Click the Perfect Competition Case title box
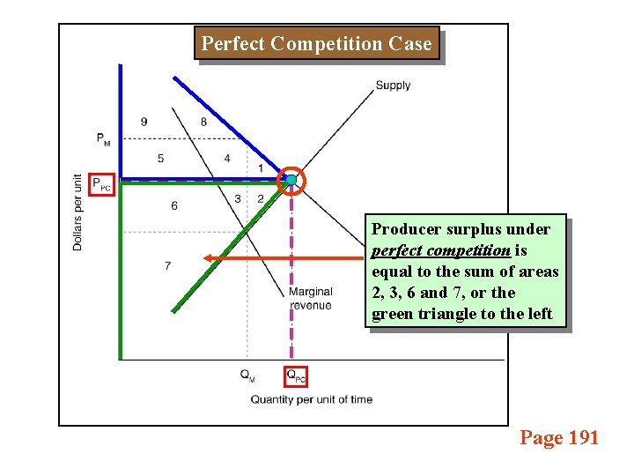pos(317,44)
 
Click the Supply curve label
pos(393,86)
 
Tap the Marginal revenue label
pos(311,298)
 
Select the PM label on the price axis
pos(104,138)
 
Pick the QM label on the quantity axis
pos(247,375)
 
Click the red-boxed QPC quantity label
pos(296,376)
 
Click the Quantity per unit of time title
pos(312,399)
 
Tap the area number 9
pos(144,122)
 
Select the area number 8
pos(203,122)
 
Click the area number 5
pos(160,159)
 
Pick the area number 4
pos(227,159)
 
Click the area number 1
pos(261,168)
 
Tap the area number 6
pos(173,205)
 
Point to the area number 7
pos(167,265)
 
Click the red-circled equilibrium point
pos(291,181)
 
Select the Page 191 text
pos(559,437)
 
